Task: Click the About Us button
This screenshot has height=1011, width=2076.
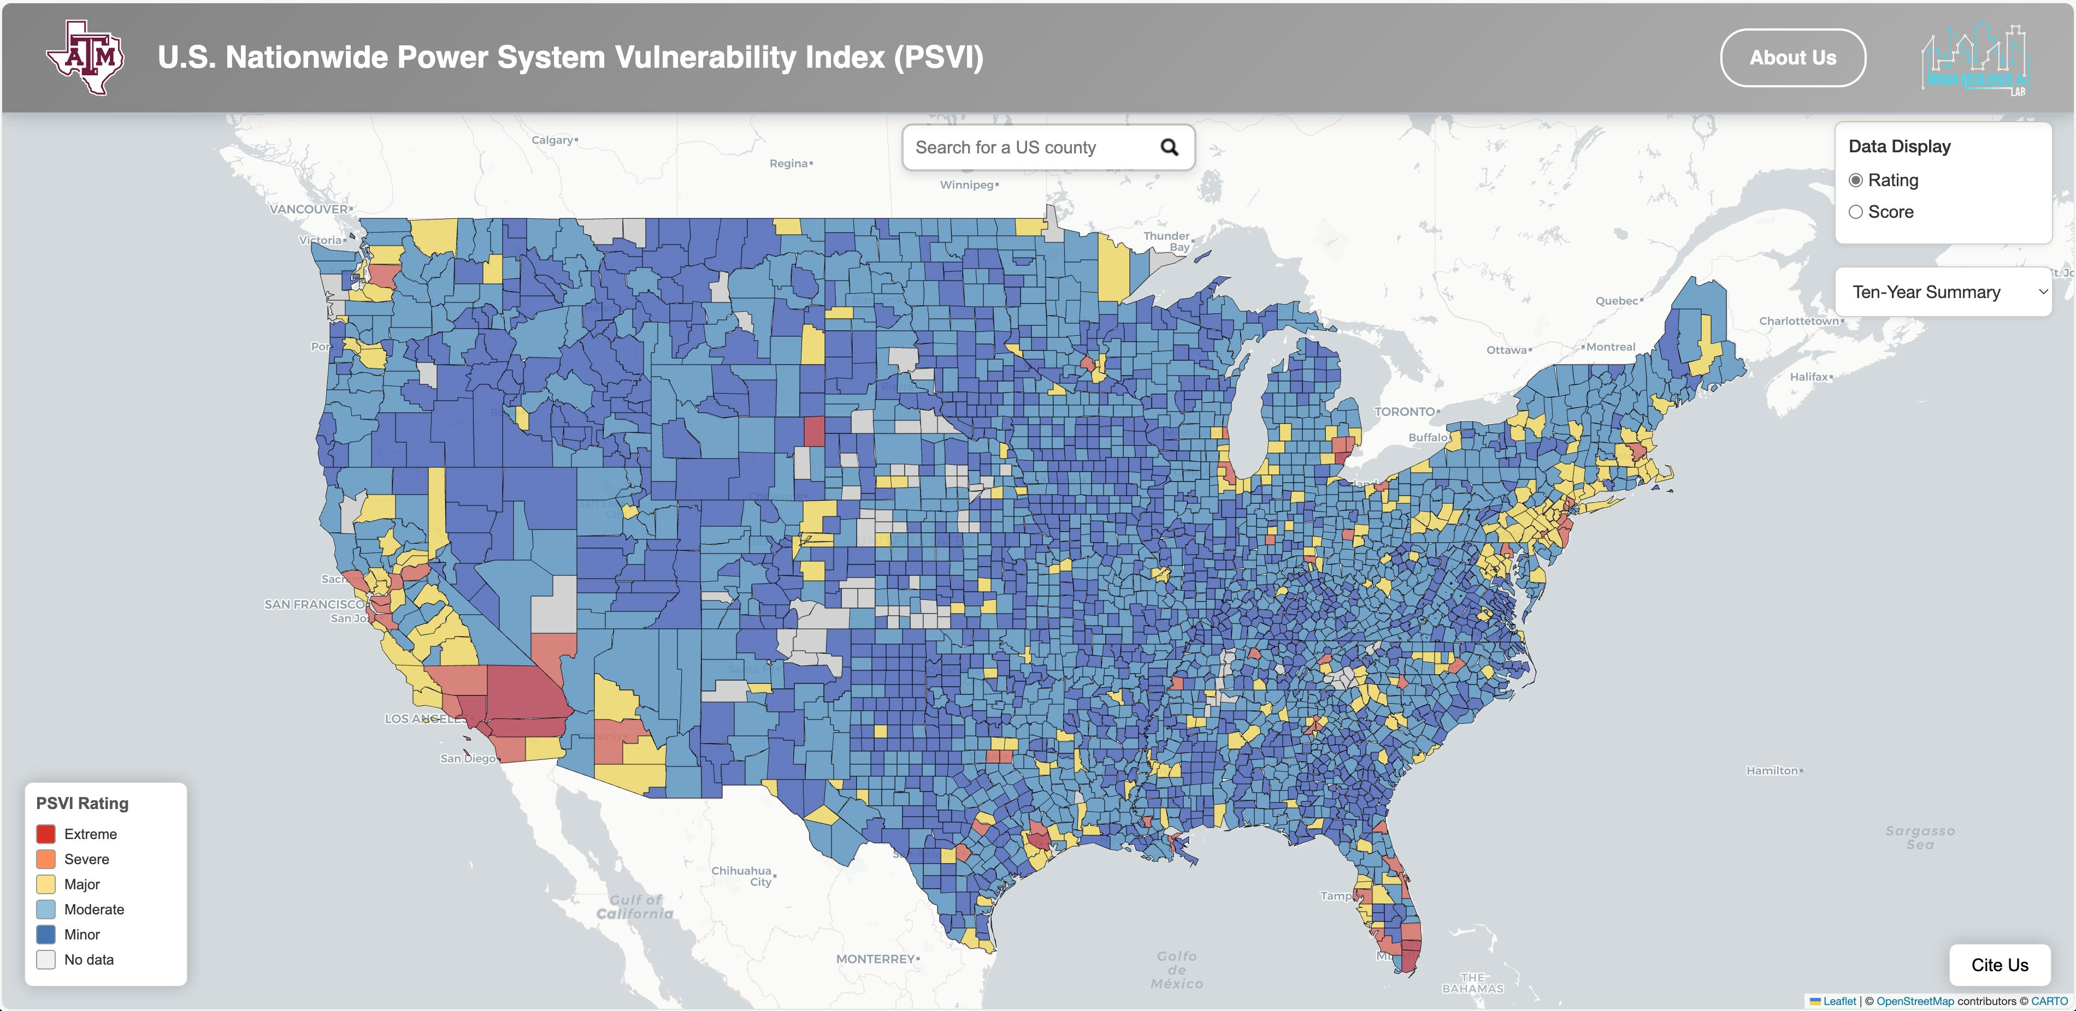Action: pyautogui.click(x=1792, y=58)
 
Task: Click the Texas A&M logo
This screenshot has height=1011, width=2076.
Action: pyautogui.click(x=85, y=57)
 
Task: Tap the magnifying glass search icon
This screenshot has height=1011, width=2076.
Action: pyautogui.click(x=1169, y=147)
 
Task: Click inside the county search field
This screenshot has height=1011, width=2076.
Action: pyautogui.click(x=1023, y=147)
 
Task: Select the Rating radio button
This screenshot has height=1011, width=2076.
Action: pyautogui.click(x=1856, y=181)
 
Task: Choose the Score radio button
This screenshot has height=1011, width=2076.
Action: pyautogui.click(x=1856, y=212)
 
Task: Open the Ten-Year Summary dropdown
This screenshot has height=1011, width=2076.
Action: pyautogui.click(x=1943, y=292)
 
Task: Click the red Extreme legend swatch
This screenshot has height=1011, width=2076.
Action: pyautogui.click(x=46, y=834)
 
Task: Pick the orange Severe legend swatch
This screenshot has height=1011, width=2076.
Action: pyautogui.click(x=46, y=859)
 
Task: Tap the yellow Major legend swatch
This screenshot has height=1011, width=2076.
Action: pyautogui.click(x=46, y=884)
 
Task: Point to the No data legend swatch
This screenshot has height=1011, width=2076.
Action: pyautogui.click(x=46, y=960)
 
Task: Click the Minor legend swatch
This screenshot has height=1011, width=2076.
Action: pyautogui.click(x=46, y=935)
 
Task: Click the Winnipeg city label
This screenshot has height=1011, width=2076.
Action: pyautogui.click(x=967, y=185)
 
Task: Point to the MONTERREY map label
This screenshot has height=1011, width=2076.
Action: pyautogui.click(x=875, y=959)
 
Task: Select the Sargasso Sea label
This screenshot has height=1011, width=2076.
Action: pyautogui.click(x=1920, y=837)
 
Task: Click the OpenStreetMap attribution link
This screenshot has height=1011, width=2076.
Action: pyautogui.click(x=1915, y=1001)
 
